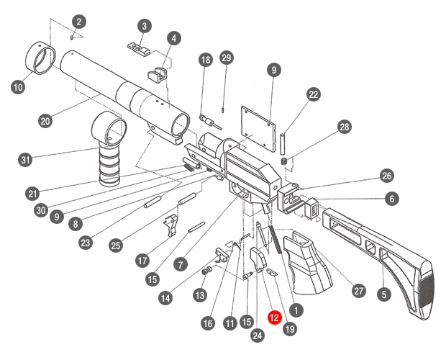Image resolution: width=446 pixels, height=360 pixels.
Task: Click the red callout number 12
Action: [274, 316]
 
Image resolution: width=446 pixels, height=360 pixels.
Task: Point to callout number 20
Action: [45, 121]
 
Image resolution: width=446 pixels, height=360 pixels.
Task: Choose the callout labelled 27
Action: [358, 289]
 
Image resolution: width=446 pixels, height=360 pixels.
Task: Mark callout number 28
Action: [345, 127]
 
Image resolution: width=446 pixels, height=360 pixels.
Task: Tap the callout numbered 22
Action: [313, 94]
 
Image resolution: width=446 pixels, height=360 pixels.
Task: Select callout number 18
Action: [206, 60]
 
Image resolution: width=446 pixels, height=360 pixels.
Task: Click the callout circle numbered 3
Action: [145, 26]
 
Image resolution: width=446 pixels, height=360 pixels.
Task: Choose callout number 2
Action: [79, 22]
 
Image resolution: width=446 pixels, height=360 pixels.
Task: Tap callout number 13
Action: [200, 296]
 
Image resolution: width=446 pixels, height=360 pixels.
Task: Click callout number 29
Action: [227, 58]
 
